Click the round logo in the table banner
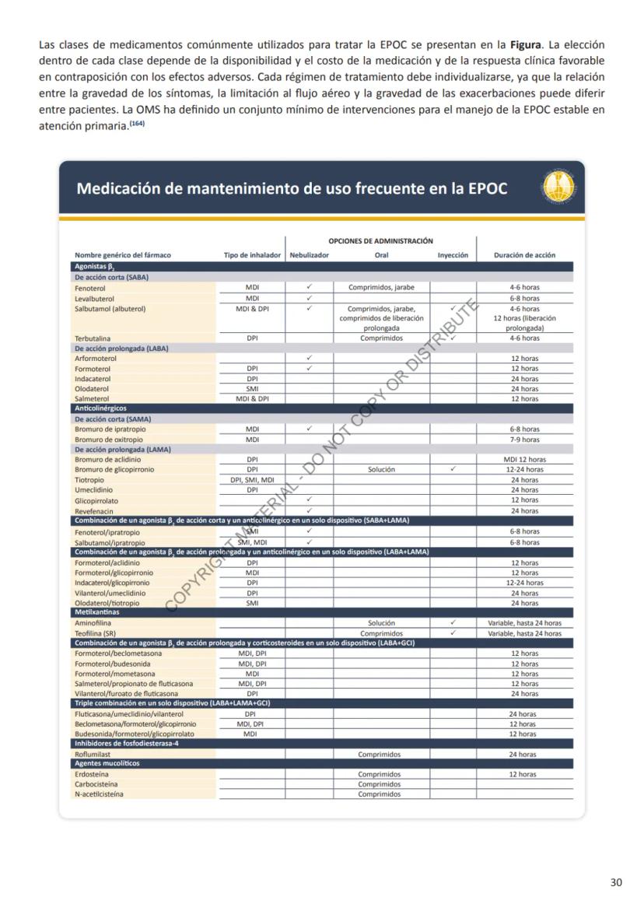tap(558, 189)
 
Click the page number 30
tap(616, 882)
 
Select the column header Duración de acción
tap(524, 254)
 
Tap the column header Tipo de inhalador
tap(252, 254)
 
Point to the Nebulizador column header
tap(309, 254)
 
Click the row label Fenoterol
tap(89, 287)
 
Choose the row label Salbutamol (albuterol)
tap(110, 308)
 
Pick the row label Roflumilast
tap(93, 754)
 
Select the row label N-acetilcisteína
tap(99, 794)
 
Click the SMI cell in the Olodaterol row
tap(252, 388)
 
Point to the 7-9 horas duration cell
tap(524, 440)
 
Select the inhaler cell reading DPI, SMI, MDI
tap(252, 480)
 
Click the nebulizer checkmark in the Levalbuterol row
tap(309, 298)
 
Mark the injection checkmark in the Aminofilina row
tap(453, 623)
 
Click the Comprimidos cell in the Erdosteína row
tap(380, 774)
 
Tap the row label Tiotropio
tap(90, 480)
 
